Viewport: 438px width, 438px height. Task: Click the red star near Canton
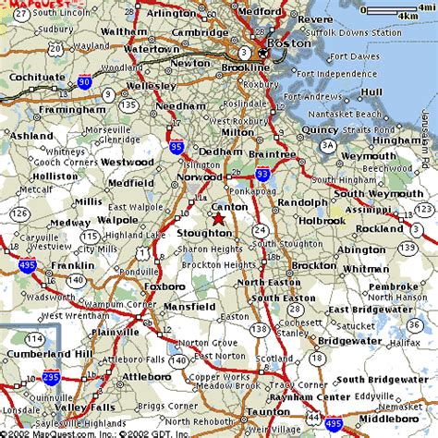218,219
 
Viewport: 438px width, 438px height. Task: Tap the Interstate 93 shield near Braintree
263,173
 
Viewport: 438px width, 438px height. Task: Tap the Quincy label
320,129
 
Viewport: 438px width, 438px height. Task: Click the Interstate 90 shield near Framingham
85,82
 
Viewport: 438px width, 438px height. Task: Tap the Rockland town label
379,228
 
